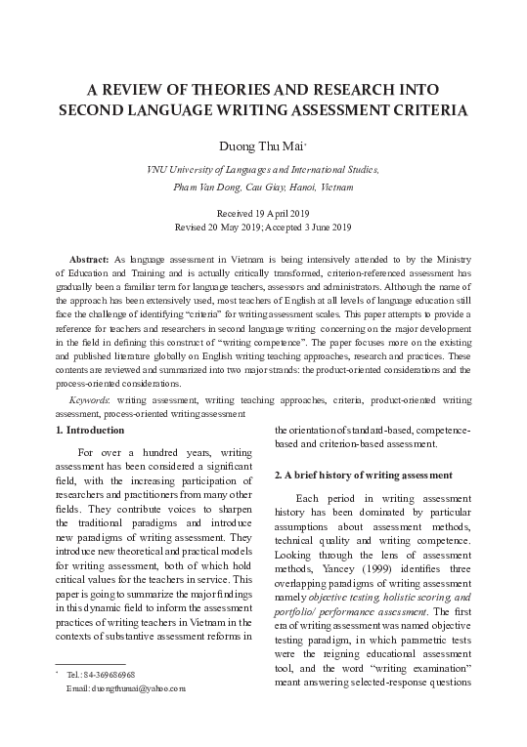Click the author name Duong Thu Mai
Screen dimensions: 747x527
point(261,146)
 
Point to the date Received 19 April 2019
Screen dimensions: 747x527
point(262,212)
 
